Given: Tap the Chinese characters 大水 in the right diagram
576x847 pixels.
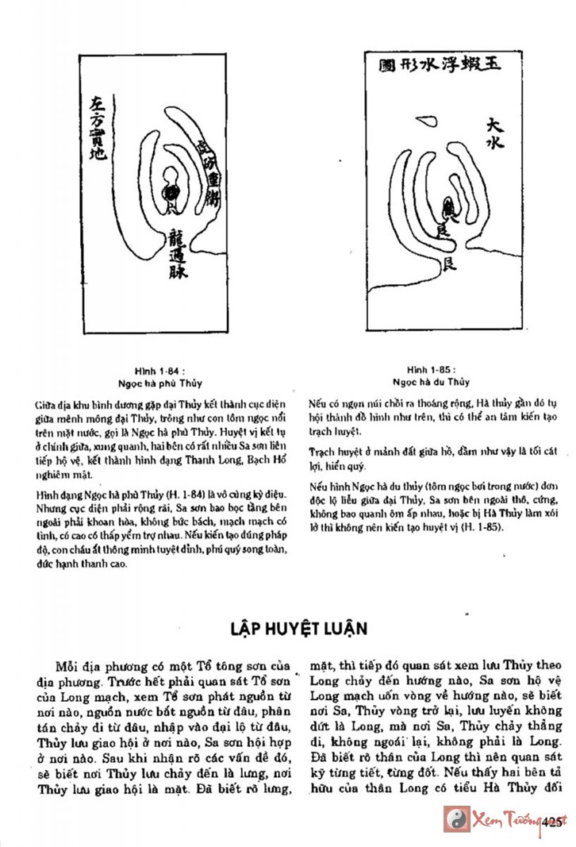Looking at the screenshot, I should point(495,135).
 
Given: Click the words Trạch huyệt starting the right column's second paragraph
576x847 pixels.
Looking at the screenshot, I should point(332,451).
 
